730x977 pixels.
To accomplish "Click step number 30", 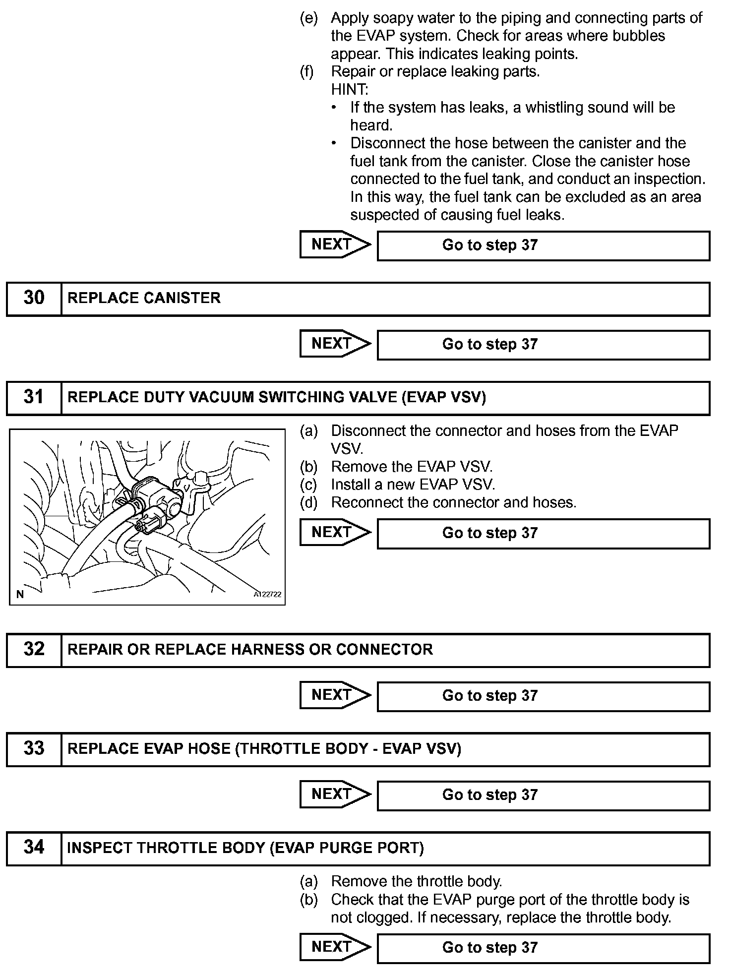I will [x=34, y=298].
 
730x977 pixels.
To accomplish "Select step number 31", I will [x=34, y=397].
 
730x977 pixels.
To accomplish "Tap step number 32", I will [x=34, y=649].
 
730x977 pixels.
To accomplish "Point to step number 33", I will [x=34, y=748].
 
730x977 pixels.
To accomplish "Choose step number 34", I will [x=34, y=848].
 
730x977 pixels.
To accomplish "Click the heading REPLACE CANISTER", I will [x=144, y=298].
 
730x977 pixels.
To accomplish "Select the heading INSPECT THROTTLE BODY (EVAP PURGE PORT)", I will [x=245, y=848].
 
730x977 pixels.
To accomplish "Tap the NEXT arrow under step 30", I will [x=335, y=344].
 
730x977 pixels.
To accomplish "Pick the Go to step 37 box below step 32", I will [x=543, y=696].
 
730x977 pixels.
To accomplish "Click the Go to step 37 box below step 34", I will [x=543, y=948].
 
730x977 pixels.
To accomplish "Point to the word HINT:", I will [x=350, y=90].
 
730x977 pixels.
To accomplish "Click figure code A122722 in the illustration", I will [x=267, y=595].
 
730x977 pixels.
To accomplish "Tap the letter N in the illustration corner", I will [x=20, y=595].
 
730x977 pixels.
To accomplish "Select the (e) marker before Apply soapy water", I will [x=308, y=18].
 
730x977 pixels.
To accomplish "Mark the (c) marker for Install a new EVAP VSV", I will [x=308, y=485].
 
